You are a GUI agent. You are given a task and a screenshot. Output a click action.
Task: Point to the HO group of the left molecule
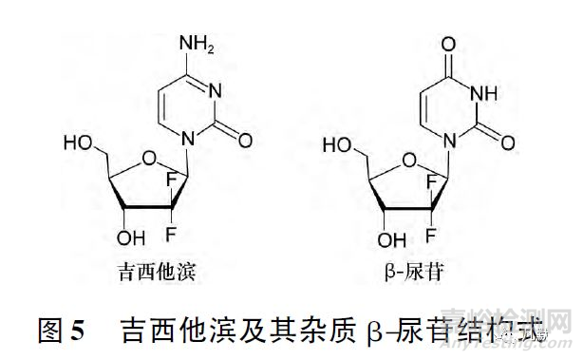79,142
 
